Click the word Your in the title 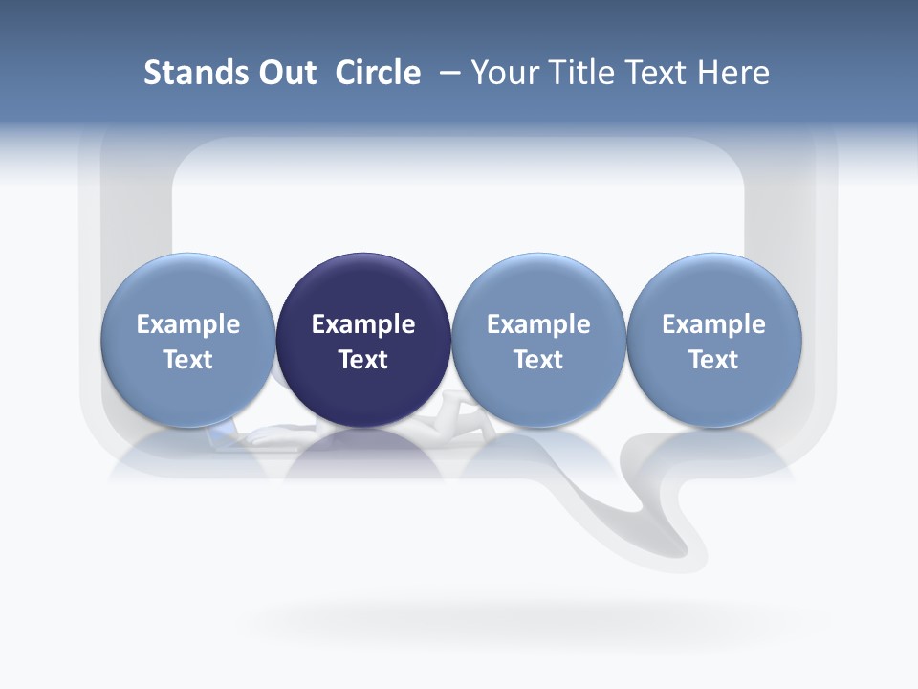tap(506, 73)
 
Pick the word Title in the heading tap(581, 73)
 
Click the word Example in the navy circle tap(363, 324)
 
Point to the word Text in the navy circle tap(363, 360)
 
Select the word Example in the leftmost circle tap(188, 324)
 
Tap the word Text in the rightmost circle tap(714, 360)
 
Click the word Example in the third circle tap(538, 324)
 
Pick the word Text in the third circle tap(538, 360)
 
